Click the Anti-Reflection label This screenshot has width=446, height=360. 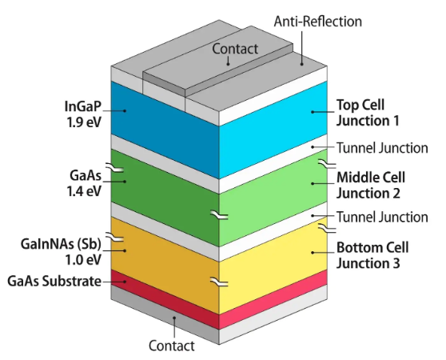click(318, 22)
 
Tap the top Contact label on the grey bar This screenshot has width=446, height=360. click(235, 49)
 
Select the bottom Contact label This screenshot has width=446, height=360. click(172, 346)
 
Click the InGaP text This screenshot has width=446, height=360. click(83, 106)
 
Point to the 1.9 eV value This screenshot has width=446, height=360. click(84, 122)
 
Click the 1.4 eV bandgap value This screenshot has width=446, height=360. click(84, 191)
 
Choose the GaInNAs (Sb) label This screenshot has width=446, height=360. click(61, 244)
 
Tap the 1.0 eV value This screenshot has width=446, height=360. click(83, 259)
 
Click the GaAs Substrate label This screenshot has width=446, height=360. click(54, 281)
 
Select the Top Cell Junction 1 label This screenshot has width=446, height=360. click(368, 113)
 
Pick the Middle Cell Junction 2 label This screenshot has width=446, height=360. click(371, 186)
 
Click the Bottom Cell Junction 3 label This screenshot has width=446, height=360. click(372, 255)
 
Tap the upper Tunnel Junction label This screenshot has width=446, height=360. click(382, 148)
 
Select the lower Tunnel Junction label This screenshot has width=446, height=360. click(382, 217)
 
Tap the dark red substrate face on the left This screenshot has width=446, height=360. click(165, 299)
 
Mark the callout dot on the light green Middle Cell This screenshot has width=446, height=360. click(313, 183)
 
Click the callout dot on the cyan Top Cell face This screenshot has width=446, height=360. click(313, 112)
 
